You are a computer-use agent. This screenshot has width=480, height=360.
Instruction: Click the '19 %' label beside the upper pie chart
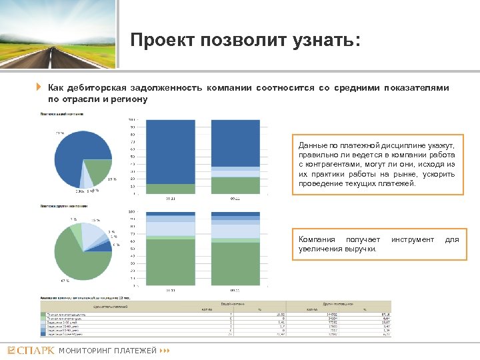pos(111,179)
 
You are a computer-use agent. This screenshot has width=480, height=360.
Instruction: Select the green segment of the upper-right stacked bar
pos(234,185)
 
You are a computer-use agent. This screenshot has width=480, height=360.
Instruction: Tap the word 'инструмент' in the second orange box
pos(412,239)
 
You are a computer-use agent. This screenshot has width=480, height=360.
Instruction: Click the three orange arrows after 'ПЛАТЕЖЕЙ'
pos(165,350)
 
